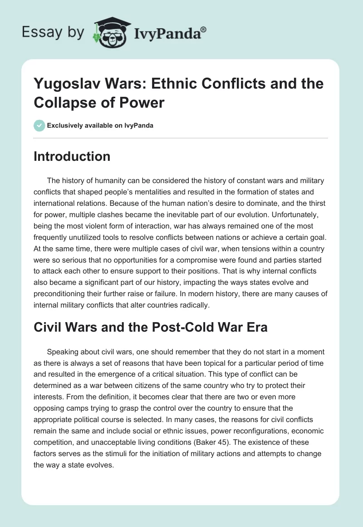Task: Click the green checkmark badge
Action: pyautogui.click(x=39, y=125)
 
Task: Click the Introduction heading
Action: pyautogui.click(x=72, y=156)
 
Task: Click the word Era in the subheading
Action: pyautogui.click(x=256, y=327)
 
